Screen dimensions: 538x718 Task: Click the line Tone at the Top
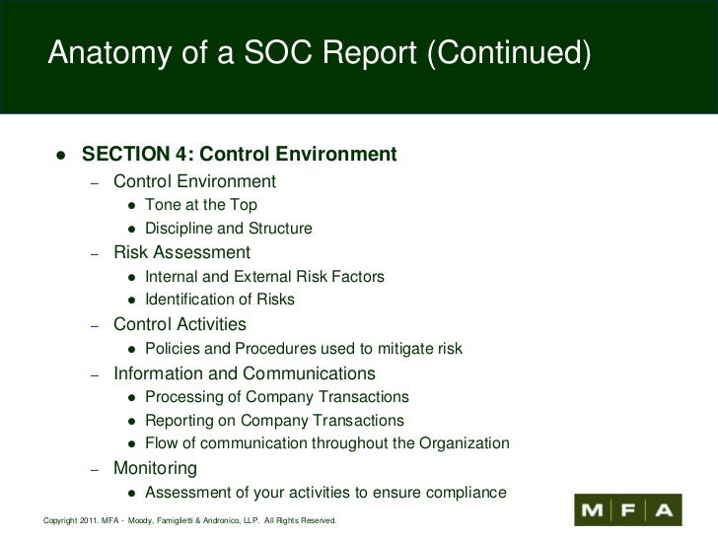point(200,205)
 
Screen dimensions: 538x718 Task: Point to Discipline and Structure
point(228,229)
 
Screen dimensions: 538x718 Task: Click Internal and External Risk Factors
point(264,277)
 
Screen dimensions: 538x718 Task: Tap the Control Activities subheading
point(179,324)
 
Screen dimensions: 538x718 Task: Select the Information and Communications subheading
point(245,373)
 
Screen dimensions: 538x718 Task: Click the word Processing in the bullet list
point(181,397)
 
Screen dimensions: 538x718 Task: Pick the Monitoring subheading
point(155,468)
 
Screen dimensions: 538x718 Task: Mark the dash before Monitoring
point(95,470)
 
